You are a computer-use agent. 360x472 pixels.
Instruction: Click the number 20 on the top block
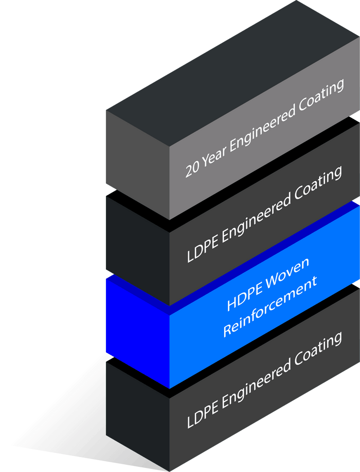(192, 170)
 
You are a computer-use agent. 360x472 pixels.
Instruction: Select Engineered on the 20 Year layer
(261, 129)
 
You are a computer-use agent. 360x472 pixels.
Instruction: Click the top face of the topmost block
(233, 74)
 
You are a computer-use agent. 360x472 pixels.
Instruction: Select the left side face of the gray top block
(137, 165)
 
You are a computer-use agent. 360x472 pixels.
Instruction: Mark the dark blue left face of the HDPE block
(137, 333)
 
